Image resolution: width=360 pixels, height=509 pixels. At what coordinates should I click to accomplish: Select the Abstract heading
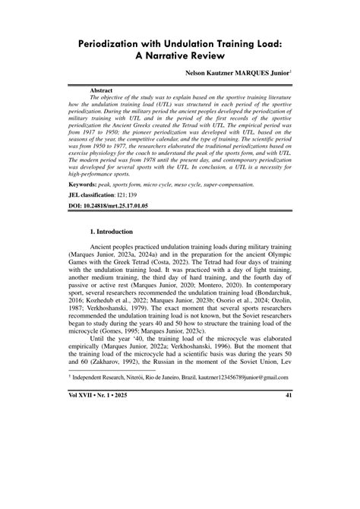coord(102,90)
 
